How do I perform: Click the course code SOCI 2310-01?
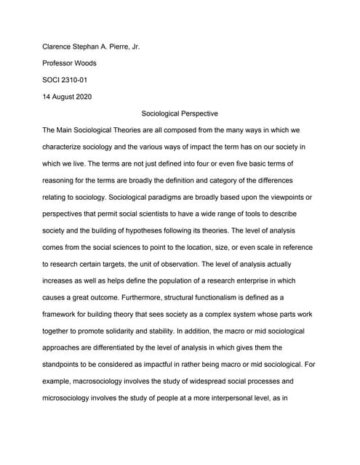(x=71, y=80)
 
